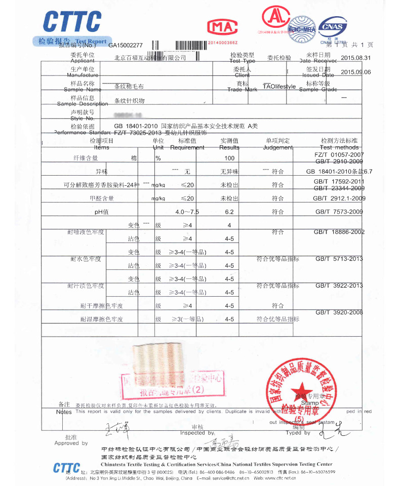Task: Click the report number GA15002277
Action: (126, 45)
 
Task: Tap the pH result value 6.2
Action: (230, 212)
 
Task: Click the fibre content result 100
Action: (230, 158)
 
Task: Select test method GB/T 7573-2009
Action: (339, 212)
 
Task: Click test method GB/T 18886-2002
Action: (339, 232)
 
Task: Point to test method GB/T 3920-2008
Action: (339, 312)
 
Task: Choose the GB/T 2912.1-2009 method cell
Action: (339, 198)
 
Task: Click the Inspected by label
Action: (197, 433)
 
